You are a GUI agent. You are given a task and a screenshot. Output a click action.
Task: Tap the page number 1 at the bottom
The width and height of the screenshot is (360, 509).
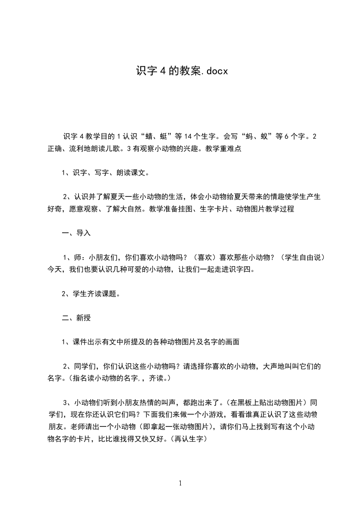click(180, 483)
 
